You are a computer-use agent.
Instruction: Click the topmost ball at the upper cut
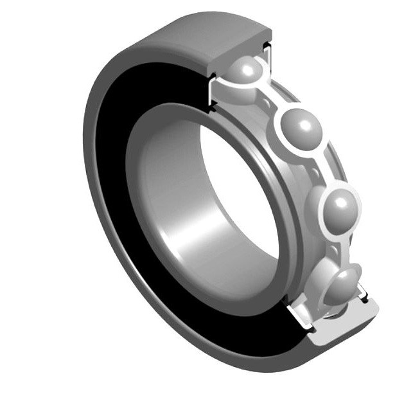point(247,72)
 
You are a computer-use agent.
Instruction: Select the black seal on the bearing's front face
point(112,193)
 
